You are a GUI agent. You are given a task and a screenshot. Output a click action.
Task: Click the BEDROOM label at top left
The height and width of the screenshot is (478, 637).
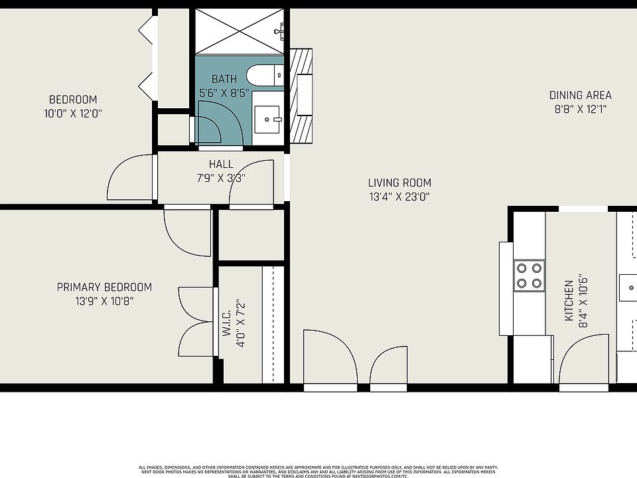click(73, 100)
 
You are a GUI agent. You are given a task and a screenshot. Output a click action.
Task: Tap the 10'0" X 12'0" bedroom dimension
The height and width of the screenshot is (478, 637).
click(73, 114)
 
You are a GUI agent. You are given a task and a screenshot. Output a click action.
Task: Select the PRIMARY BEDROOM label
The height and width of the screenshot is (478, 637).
click(104, 287)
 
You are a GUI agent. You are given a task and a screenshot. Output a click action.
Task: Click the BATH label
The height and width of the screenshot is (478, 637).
click(224, 80)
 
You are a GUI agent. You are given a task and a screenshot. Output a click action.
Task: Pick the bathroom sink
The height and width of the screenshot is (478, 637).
click(268, 119)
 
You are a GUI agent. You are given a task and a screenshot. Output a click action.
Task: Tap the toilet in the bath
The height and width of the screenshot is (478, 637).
click(265, 75)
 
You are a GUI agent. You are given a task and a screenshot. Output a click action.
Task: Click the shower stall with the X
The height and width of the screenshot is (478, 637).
click(238, 31)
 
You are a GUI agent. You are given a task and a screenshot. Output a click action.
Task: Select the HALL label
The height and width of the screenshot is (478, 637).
click(221, 164)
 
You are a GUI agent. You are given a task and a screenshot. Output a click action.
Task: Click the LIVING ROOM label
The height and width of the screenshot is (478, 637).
click(399, 183)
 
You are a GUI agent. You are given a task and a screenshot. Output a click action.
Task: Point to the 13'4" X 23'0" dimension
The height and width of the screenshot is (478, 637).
click(399, 197)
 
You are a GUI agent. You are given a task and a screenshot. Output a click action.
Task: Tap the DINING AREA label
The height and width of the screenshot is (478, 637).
click(580, 95)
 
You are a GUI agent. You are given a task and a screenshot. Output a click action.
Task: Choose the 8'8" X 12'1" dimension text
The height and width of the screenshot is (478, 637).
click(580, 109)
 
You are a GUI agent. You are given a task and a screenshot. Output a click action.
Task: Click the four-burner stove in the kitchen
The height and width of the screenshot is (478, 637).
click(529, 276)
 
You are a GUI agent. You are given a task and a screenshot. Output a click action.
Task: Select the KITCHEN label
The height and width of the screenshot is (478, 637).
click(569, 301)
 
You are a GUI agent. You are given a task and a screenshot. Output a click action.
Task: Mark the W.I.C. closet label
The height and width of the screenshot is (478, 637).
click(226, 324)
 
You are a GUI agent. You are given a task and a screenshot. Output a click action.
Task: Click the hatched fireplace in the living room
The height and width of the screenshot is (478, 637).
click(302, 96)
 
